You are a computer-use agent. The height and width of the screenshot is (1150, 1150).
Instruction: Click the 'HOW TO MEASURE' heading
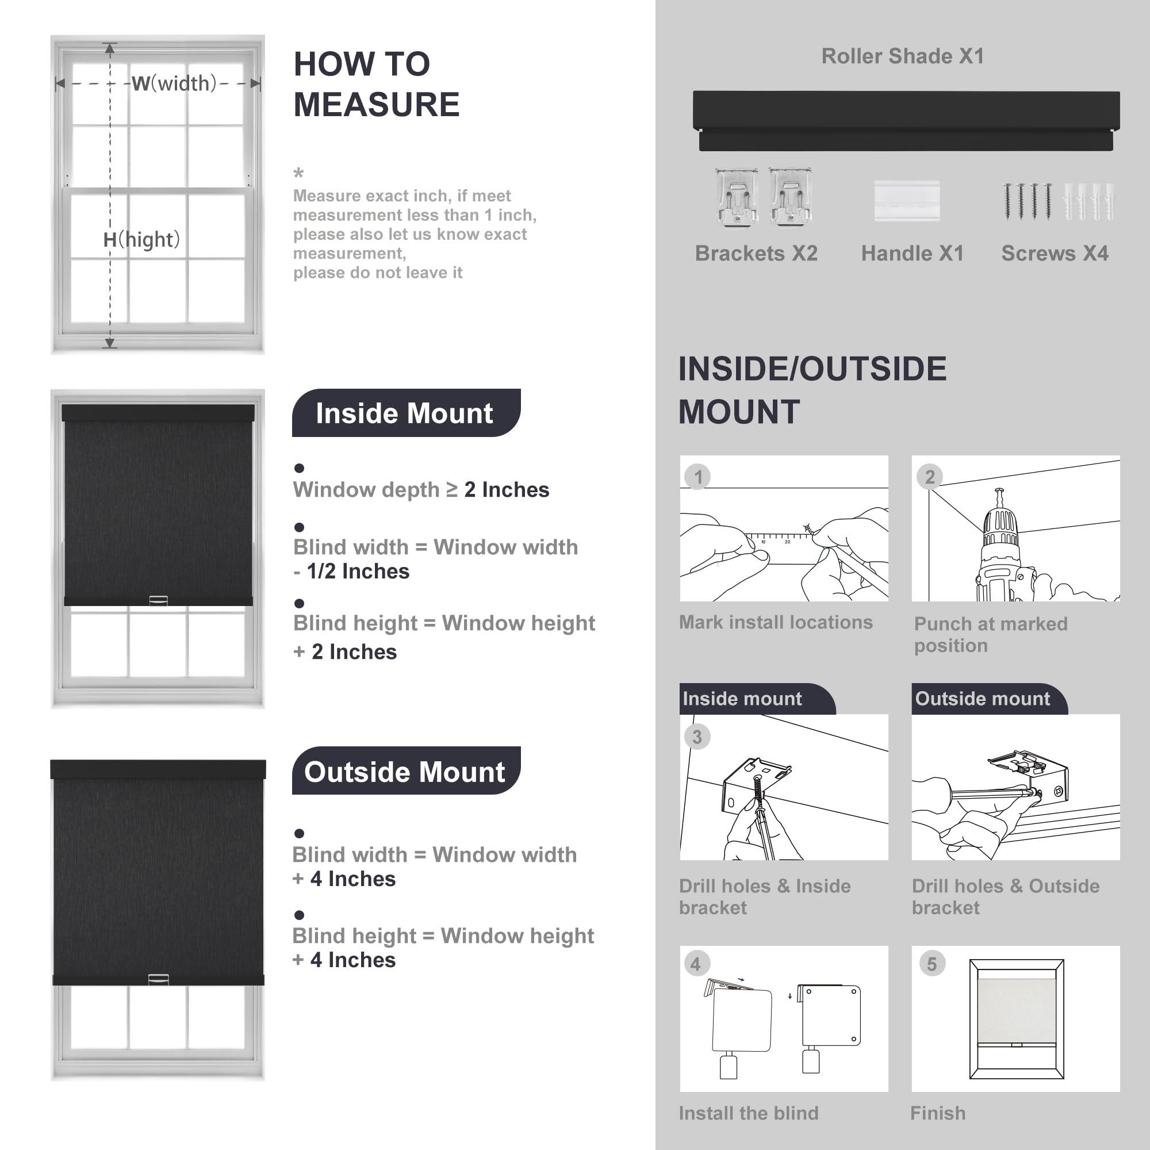point(376,84)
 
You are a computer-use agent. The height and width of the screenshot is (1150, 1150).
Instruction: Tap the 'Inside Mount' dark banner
point(405,413)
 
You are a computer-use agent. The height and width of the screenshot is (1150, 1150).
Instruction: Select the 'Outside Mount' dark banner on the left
point(405,772)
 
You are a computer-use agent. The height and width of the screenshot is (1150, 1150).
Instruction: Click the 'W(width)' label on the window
point(174,83)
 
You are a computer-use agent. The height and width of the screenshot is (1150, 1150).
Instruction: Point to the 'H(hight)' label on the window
point(141,239)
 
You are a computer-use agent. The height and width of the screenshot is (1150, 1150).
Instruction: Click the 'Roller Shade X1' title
point(902,56)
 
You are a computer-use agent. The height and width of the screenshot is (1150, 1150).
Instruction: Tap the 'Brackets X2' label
point(756,254)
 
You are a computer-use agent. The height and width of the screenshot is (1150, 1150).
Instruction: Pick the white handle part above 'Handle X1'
point(907,201)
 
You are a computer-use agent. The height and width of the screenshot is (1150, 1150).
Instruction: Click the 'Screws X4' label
point(1055,254)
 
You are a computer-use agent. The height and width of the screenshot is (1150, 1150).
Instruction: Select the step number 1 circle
point(698,477)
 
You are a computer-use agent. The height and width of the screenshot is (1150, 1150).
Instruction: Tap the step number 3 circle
point(697,737)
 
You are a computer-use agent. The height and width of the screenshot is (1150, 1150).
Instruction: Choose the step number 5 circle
point(931,964)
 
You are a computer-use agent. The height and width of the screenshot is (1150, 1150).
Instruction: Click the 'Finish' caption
point(937,1113)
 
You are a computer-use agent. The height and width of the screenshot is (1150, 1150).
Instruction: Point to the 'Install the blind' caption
point(748,1113)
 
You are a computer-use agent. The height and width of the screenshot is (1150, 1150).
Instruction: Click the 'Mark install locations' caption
point(776,622)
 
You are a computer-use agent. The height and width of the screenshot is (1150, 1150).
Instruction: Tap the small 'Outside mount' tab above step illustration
point(982,698)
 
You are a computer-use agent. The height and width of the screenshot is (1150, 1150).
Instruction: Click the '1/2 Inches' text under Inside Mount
point(358,572)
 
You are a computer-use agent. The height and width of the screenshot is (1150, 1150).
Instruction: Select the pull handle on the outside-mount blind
point(158,979)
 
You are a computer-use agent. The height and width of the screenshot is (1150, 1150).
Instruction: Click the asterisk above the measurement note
point(299,173)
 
